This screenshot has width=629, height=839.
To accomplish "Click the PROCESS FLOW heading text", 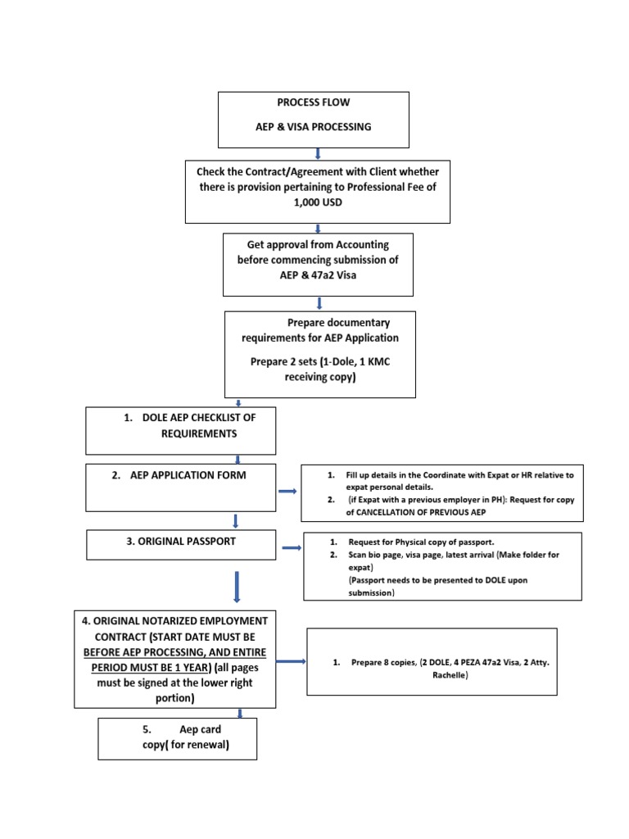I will click(302, 102).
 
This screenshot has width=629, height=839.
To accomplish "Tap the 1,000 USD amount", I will click(318, 202).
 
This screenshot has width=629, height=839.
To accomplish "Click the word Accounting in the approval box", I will click(360, 244).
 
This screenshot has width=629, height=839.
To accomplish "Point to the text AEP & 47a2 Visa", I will click(318, 275).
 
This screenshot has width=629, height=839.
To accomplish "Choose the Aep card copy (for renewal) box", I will click(177, 737).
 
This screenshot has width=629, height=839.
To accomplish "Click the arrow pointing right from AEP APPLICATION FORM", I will click(287, 491).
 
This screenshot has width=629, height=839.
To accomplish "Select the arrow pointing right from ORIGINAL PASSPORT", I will click(291, 547).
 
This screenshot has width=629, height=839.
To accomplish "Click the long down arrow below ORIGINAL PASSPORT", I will click(236, 587).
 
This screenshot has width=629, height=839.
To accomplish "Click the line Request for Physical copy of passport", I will click(421, 542).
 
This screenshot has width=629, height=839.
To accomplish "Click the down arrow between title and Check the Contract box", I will click(318, 153).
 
